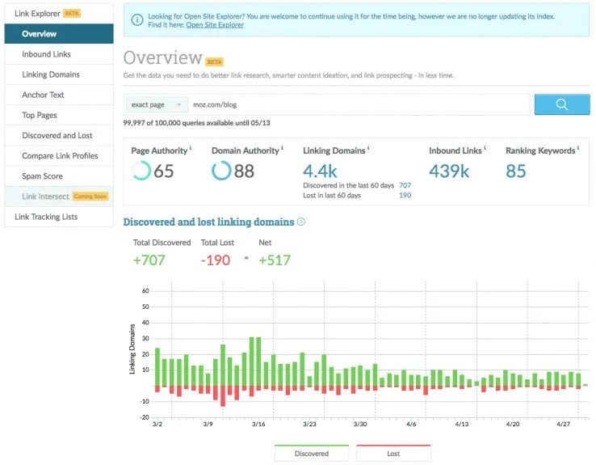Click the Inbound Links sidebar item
point(46,54)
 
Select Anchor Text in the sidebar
point(43,95)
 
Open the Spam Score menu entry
point(42,175)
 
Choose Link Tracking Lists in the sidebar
point(46,217)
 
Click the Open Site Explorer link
point(215,25)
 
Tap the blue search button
point(562,104)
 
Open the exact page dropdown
point(157,104)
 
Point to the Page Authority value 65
point(163,171)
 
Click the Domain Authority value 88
point(244,171)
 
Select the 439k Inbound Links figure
point(449,171)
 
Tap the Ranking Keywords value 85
point(516,171)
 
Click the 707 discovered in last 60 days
point(405,185)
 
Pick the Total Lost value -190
point(216,260)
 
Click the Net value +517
point(274,260)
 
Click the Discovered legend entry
point(311,454)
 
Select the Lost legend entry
point(393,454)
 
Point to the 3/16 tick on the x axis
point(258,424)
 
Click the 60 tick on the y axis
point(145,290)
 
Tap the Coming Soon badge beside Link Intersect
point(90,197)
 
